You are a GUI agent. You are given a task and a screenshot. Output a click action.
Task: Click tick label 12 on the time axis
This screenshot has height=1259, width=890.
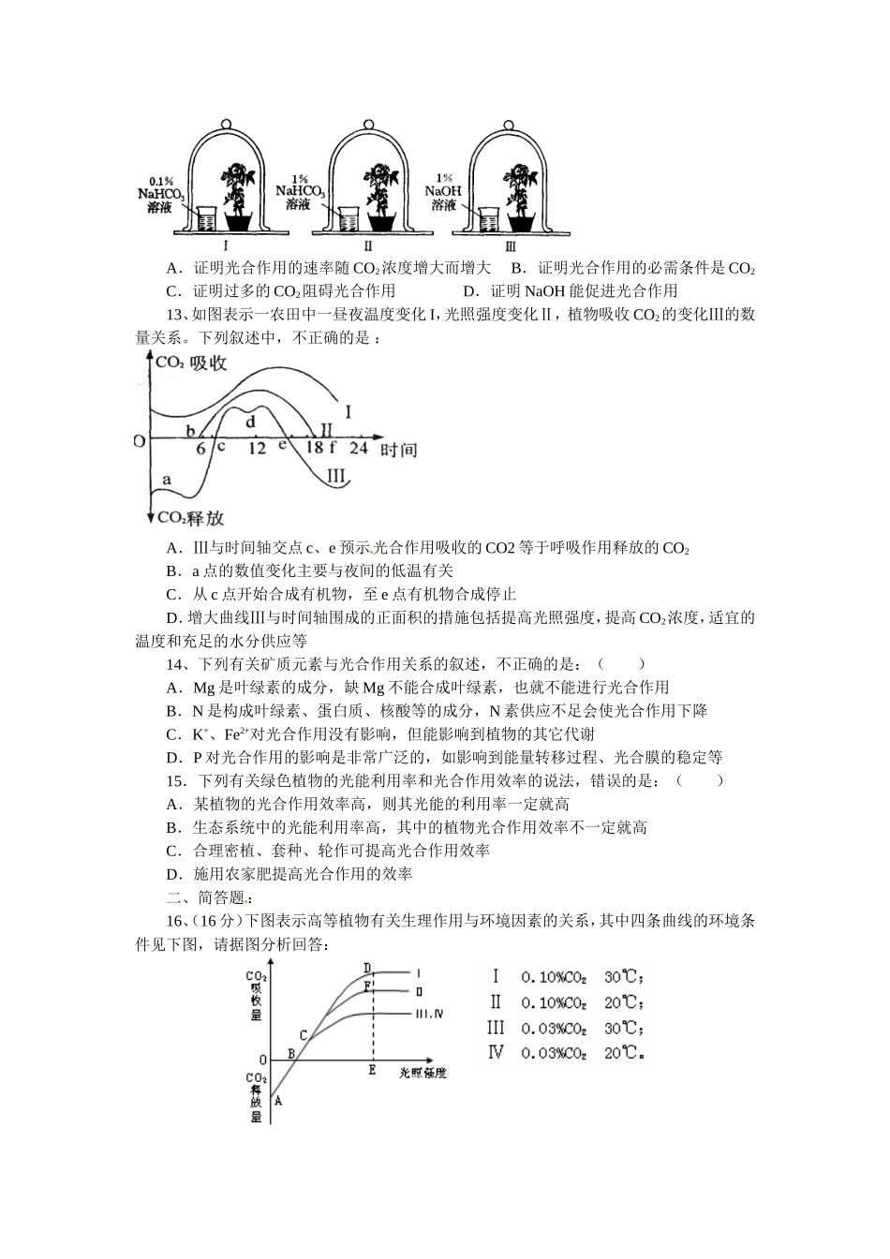pos(257,449)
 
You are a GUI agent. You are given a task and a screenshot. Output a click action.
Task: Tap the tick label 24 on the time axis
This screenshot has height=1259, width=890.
pos(358,449)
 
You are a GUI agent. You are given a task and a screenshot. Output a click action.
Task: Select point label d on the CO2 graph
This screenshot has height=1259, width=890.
pos(250,422)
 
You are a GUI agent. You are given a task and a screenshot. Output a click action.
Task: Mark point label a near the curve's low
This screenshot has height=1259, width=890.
pos(167,481)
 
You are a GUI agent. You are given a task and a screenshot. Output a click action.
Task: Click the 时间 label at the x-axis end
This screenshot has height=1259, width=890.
pos(397,451)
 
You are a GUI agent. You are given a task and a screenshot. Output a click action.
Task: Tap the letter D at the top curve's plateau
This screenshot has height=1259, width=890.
pos(367,968)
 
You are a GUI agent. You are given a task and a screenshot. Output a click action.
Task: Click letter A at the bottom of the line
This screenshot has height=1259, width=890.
pos(278,1101)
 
